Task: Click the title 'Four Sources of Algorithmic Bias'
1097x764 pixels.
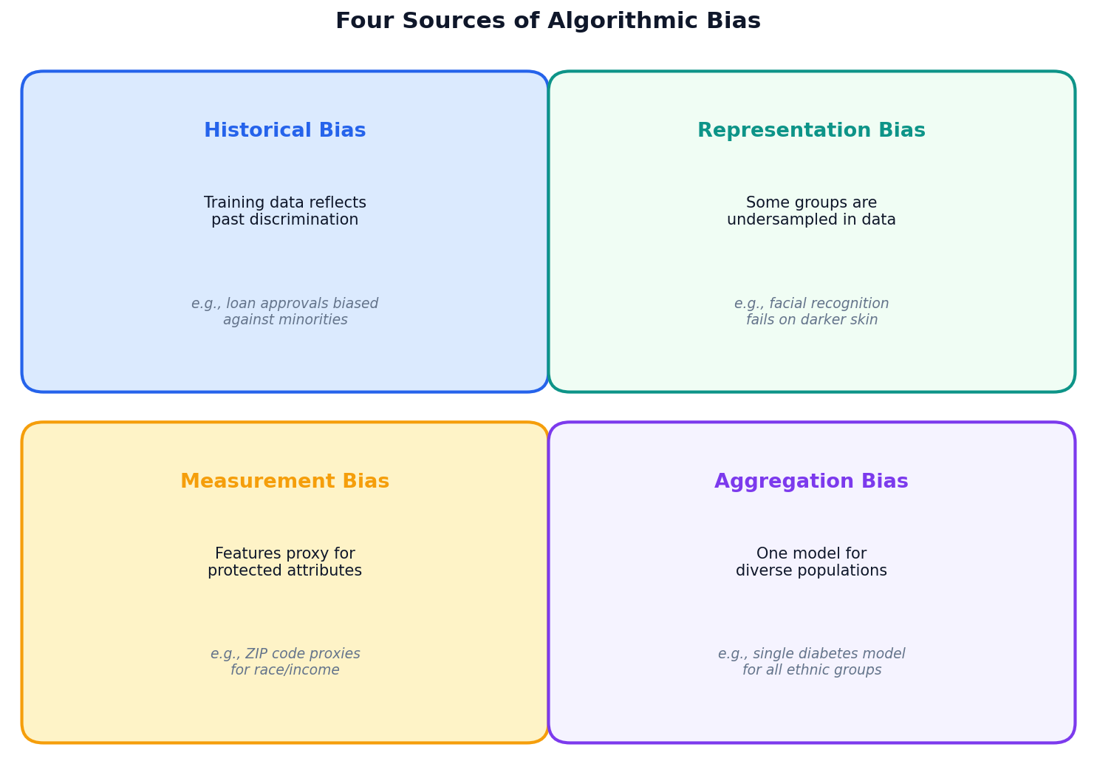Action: click(x=547, y=21)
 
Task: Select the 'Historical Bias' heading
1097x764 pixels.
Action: click(x=284, y=131)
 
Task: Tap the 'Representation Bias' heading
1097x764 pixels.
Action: click(x=811, y=131)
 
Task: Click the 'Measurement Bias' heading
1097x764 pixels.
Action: click(x=284, y=482)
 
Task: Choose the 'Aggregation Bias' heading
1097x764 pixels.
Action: click(x=811, y=482)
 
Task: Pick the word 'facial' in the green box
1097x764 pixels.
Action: click(x=791, y=304)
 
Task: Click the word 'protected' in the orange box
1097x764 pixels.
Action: click(x=242, y=571)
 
